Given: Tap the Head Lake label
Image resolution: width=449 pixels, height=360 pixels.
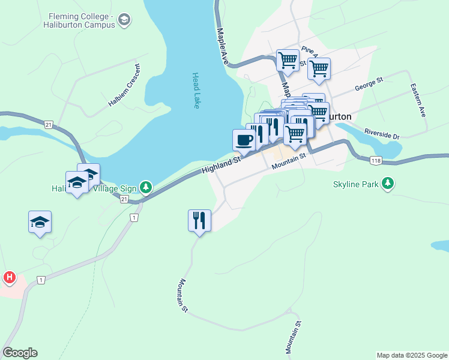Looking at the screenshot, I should click(196, 91).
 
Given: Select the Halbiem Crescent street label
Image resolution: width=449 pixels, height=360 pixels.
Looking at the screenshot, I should click(125, 85).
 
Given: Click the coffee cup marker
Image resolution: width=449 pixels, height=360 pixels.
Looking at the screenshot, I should click(244, 140).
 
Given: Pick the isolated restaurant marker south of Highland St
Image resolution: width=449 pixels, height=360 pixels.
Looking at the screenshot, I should click(199, 220).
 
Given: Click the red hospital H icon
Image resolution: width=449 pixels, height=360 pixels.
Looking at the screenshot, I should click(9, 277).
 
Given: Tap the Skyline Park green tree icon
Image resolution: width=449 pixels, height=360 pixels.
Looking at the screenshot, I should click(388, 184).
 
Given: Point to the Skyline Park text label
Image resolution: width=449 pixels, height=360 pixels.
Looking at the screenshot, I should click(356, 184).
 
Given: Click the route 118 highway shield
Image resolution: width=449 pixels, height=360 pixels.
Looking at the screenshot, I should click(376, 160).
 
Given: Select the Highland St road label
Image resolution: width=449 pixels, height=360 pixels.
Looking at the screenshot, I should click(221, 163).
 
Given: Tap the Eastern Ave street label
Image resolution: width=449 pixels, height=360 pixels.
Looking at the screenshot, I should click(418, 100).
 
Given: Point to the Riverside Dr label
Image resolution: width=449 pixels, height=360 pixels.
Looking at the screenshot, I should click(382, 134).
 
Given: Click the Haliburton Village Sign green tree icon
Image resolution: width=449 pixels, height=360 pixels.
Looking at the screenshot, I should click(145, 188).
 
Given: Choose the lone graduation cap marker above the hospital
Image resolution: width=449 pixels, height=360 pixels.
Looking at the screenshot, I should click(40, 222).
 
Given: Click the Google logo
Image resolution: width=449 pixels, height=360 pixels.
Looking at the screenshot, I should click(20, 353).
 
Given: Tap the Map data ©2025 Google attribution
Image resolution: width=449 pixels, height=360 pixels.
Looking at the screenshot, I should click(411, 355).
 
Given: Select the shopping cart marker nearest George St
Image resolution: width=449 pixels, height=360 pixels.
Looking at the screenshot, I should click(319, 69).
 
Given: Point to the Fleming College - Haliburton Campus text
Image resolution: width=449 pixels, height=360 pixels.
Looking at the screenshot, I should click(79, 20).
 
